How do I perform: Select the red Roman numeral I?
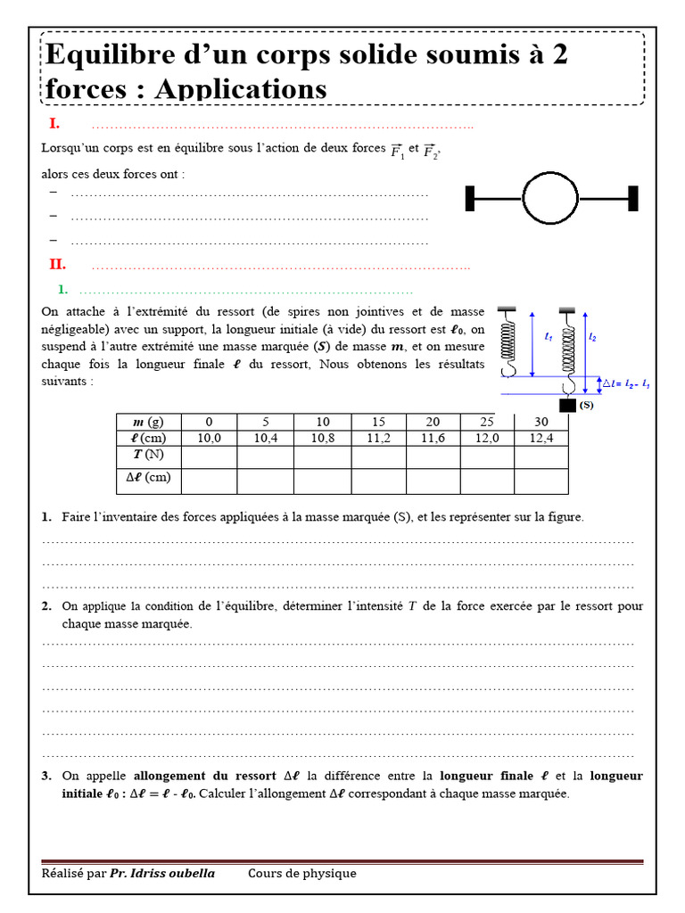click(54, 123)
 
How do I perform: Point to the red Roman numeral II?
click(57, 264)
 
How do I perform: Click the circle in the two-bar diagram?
click(550, 198)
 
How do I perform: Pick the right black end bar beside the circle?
click(632, 198)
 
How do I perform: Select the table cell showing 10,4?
click(265, 438)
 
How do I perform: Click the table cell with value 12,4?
click(541, 438)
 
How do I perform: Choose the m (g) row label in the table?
click(148, 422)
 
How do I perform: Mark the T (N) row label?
click(148, 455)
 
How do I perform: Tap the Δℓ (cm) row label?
click(148, 477)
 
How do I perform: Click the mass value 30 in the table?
click(541, 422)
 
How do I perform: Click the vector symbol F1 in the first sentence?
click(397, 150)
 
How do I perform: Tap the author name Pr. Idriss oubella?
click(162, 873)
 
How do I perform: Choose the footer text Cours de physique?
click(301, 873)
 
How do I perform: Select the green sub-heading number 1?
click(62, 289)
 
